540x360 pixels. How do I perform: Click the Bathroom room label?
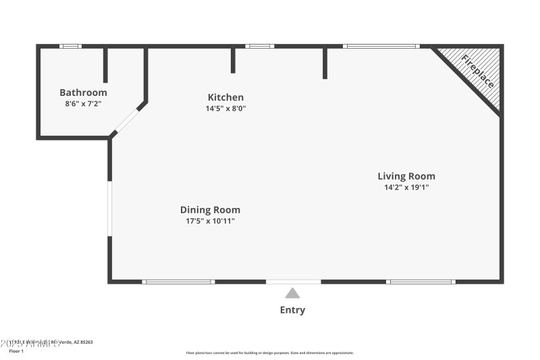pyautogui.click(x=83, y=93)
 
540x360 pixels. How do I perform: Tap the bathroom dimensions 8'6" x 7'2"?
pyautogui.click(x=83, y=104)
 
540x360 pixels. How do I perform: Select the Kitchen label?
pyautogui.click(x=225, y=97)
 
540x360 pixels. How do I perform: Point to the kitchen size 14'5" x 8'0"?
pyautogui.click(x=225, y=108)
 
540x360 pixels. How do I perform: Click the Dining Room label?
pyautogui.click(x=210, y=209)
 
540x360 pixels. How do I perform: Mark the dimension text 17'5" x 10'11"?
pyautogui.click(x=210, y=221)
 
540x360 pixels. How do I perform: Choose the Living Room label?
pyautogui.click(x=406, y=176)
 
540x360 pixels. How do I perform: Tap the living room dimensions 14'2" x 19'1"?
pyautogui.click(x=406, y=188)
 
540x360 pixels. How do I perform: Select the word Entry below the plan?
pyautogui.click(x=292, y=310)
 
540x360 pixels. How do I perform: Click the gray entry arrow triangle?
pyautogui.click(x=292, y=293)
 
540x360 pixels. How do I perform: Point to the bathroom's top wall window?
pyautogui.click(x=70, y=46)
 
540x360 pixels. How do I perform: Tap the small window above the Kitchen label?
pyautogui.click(x=260, y=46)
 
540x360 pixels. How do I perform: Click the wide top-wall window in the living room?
pyautogui.click(x=381, y=46)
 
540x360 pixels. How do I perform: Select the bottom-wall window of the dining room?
pyautogui.click(x=179, y=281)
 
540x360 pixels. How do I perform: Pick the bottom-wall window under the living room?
pyautogui.click(x=421, y=281)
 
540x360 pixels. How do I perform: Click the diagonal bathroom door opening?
pyautogui.click(x=126, y=121)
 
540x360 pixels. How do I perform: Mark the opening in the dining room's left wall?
pyautogui.click(x=109, y=209)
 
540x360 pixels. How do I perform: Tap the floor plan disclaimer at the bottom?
pyautogui.click(x=269, y=353)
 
